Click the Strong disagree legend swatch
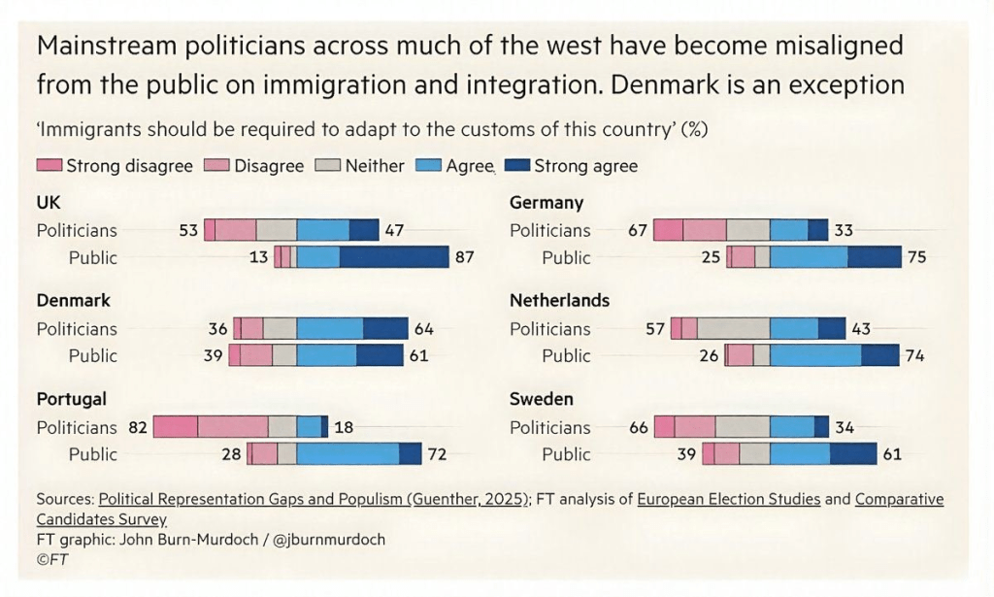point(50,166)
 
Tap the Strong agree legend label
point(585,166)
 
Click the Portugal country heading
point(71,399)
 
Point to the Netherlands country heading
point(559,300)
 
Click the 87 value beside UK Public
point(465,257)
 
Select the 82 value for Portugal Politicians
point(137,427)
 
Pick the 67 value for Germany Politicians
point(638,230)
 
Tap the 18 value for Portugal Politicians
point(344,427)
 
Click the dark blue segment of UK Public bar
point(394,257)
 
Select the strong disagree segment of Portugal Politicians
point(176,427)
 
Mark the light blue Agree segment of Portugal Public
point(348,454)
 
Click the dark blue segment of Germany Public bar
point(874,257)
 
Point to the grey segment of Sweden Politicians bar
point(743,427)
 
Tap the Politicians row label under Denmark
point(77,328)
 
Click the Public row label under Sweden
point(566,454)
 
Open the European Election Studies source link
point(729,499)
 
